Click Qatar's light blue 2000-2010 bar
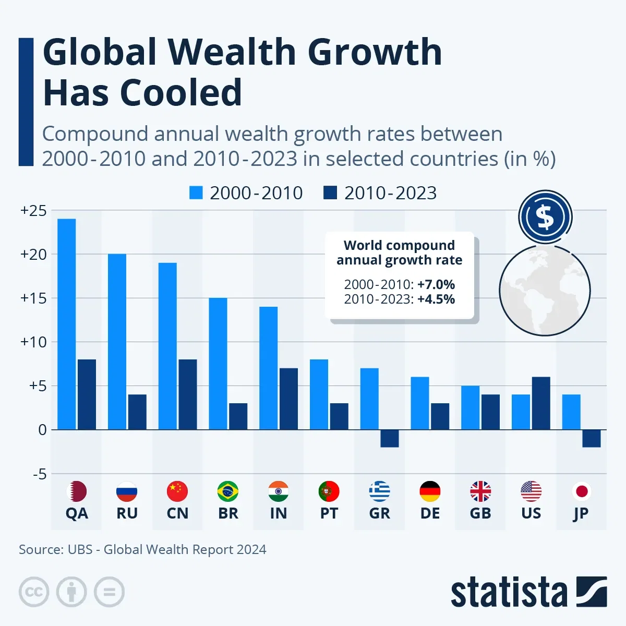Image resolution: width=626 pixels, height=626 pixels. [x=66, y=324]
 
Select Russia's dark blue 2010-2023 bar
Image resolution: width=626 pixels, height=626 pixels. [x=137, y=412]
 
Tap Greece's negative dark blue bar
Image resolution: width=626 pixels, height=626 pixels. [x=390, y=438]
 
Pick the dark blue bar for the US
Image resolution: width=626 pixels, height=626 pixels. [x=541, y=403]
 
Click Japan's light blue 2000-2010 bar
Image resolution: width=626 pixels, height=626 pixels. [x=571, y=412]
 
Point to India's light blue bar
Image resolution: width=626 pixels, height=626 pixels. [x=268, y=368]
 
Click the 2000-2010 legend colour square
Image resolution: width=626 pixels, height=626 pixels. [x=196, y=193]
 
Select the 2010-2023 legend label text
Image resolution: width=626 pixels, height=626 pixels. [x=390, y=193]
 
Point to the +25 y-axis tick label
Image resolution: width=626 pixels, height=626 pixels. [x=33, y=211]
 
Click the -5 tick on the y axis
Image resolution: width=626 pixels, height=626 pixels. [x=39, y=474]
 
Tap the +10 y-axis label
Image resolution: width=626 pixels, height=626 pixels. [x=33, y=342]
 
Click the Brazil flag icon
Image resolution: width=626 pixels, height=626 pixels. [x=228, y=491]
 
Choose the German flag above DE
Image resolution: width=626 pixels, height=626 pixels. [x=430, y=491]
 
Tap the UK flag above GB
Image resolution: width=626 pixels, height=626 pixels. [x=480, y=491]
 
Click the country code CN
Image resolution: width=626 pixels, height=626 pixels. [x=177, y=513]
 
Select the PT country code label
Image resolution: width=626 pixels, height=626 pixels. [x=329, y=513]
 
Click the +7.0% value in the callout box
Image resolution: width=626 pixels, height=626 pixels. [x=436, y=284]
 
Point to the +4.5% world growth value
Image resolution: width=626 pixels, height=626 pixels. [x=436, y=299]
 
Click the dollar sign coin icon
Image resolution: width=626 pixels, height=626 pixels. [x=545, y=217]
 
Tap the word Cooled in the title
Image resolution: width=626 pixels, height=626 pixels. [x=181, y=93]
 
